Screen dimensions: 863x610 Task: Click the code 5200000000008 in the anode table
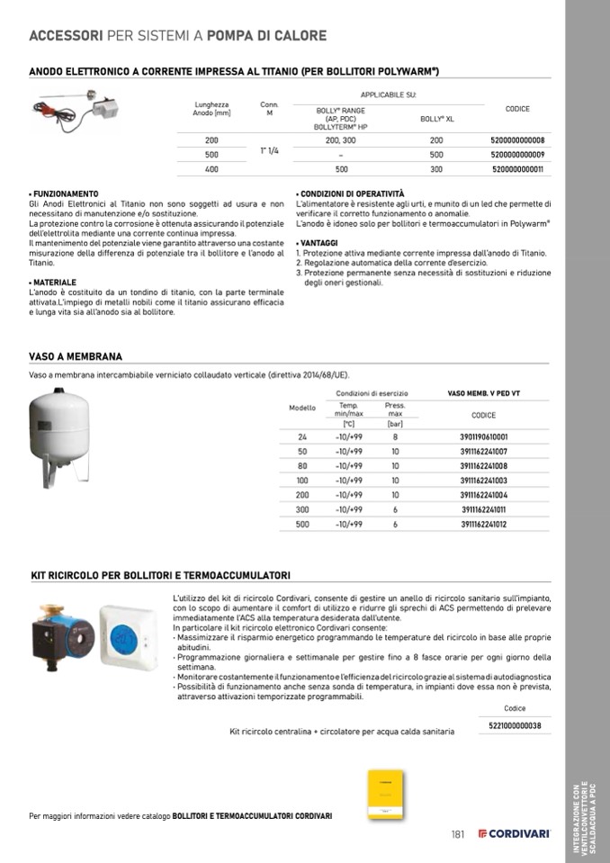(x=517, y=140)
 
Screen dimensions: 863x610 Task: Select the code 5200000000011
(x=517, y=169)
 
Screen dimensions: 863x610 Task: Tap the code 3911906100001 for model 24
(x=483, y=436)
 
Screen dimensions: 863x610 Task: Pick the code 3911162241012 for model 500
(x=483, y=524)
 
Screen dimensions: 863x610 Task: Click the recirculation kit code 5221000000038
(x=515, y=725)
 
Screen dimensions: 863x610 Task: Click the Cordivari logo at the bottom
(x=514, y=834)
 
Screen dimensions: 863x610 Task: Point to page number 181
(x=458, y=834)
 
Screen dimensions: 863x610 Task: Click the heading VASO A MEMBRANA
(x=76, y=357)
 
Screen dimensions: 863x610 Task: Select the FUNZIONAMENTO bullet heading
(x=64, y=193)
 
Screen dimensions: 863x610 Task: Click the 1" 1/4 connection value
(x=269, y=150)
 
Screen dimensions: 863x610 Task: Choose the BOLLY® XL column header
(x=436, y=118)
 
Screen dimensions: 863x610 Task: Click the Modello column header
(x=302, y=408)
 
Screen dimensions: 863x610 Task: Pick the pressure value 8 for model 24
(x=395, y=436)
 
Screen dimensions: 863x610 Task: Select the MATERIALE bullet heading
(x=53, y=283)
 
